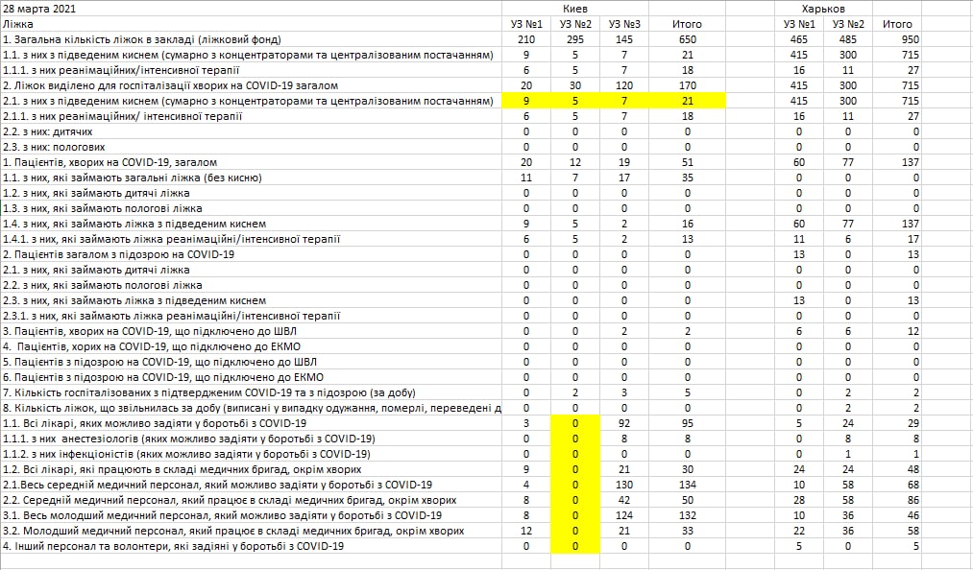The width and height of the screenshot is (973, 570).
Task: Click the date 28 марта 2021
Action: coord(40,9)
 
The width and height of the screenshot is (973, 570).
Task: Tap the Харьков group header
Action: coord(849,9)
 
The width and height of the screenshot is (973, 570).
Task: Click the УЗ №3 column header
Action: coord(625,24)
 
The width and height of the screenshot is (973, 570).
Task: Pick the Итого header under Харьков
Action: coord(898,24)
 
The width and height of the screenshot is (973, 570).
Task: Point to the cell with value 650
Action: coord(689,39)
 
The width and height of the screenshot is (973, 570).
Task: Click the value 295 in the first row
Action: coord(575,39)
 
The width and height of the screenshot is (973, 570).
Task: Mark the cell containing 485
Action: coord(849,39)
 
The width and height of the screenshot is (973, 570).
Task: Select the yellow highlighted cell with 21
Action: coord(689,101)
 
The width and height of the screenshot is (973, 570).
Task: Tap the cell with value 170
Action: coord(689,85)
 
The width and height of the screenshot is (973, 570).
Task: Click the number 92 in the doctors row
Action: coord(625,423)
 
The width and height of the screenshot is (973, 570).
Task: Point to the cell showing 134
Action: coord(689,485)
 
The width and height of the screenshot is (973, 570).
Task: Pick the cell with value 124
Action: coord(625,515)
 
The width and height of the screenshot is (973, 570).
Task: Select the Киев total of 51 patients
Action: coord(689,162)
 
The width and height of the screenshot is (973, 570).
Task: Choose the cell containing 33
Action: coord(689,531)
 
